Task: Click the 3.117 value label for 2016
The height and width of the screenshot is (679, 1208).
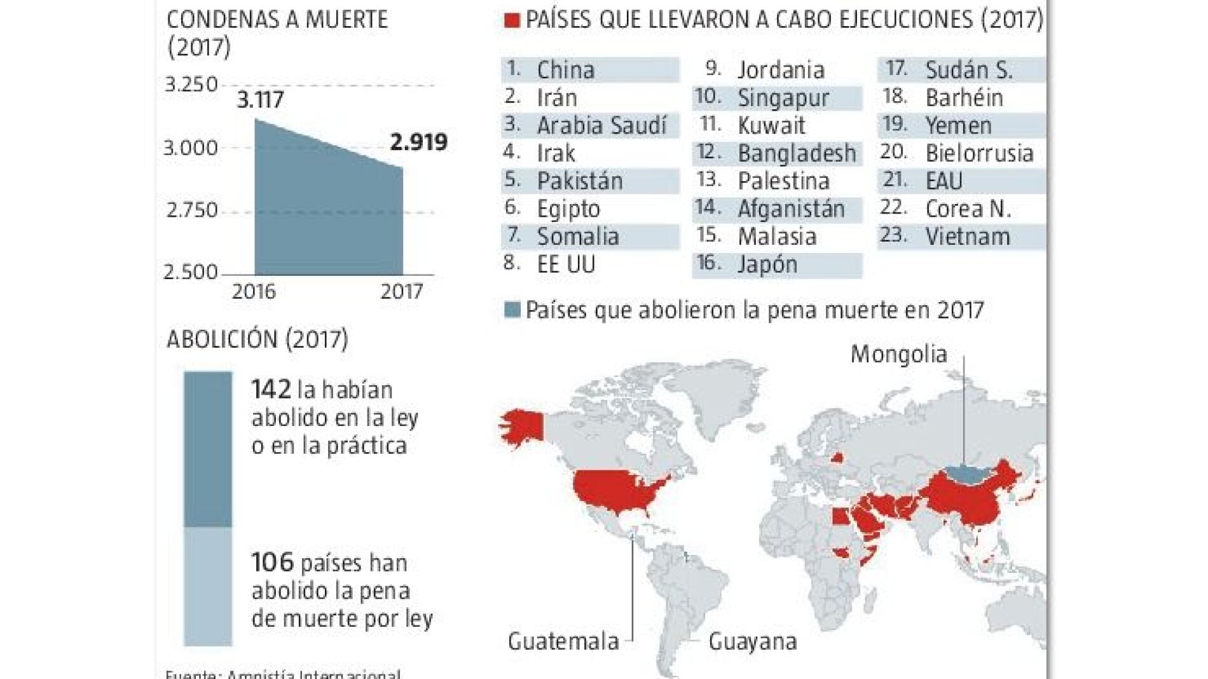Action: (260, 100)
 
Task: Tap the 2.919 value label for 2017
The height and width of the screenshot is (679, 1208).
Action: (418, 142)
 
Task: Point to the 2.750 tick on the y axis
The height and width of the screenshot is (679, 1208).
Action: (191, 210)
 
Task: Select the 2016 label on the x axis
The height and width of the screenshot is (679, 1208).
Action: (254, 292)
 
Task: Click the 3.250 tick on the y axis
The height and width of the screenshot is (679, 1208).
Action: (191, 85)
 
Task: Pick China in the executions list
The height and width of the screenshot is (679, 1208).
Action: (565, 70)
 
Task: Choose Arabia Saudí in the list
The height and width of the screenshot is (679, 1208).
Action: (601, 125)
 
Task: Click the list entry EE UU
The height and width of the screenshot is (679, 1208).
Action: (566, 264)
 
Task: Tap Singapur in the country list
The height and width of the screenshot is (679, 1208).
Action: (783, 98)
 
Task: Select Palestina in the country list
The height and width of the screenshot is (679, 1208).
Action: (783, 181)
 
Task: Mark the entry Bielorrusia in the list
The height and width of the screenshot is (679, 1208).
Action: (979, 153)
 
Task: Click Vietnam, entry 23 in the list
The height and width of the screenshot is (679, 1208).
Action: (967, 237)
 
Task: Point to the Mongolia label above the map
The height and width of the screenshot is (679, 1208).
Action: (898, 354)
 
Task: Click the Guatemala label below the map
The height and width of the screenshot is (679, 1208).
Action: (563, 641)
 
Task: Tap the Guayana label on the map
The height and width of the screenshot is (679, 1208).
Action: (752, 641)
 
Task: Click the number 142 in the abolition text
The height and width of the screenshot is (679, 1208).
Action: (271, 389)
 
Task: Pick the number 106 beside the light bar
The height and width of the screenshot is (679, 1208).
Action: (272, 563)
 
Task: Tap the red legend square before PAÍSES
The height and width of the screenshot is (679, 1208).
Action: (512, 20)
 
